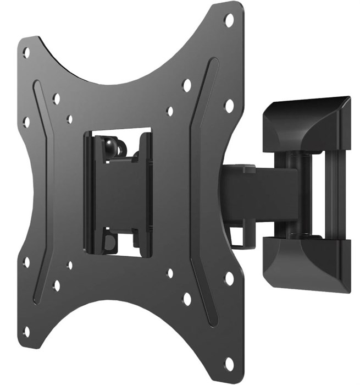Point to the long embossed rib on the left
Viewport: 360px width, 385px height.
point(42,193)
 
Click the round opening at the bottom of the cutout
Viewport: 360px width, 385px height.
point(110,241)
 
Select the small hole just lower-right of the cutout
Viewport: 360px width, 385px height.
point(170,273)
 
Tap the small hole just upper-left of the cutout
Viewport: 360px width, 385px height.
point(70,119)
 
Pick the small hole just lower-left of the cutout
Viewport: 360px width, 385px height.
point(70,266)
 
